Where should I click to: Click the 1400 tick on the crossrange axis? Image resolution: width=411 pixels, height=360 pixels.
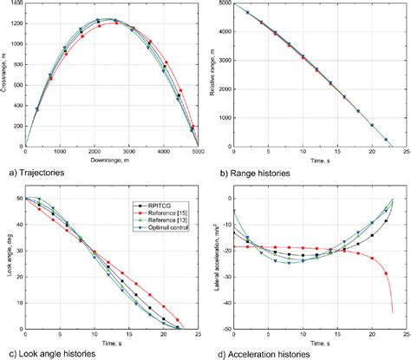point(18,5)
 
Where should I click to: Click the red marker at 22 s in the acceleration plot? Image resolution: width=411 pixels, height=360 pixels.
point(385,274)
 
